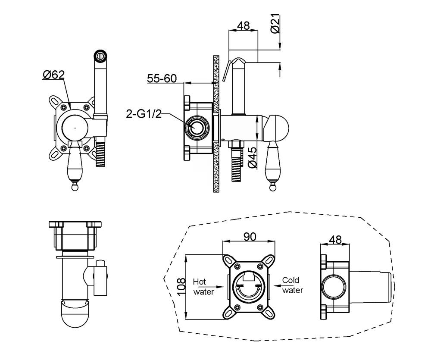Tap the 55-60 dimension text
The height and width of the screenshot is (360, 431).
162,78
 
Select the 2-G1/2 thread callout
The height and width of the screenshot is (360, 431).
144,113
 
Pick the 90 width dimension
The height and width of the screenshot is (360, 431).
249,237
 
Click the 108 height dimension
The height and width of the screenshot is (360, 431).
181,286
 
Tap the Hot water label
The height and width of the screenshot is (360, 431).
203,286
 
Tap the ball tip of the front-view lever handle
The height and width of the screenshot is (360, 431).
75,187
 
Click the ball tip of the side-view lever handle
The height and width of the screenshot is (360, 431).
272,187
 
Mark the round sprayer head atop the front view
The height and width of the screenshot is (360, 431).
100,55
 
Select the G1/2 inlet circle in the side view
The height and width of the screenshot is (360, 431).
197,128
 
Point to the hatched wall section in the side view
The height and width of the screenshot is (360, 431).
216,124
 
